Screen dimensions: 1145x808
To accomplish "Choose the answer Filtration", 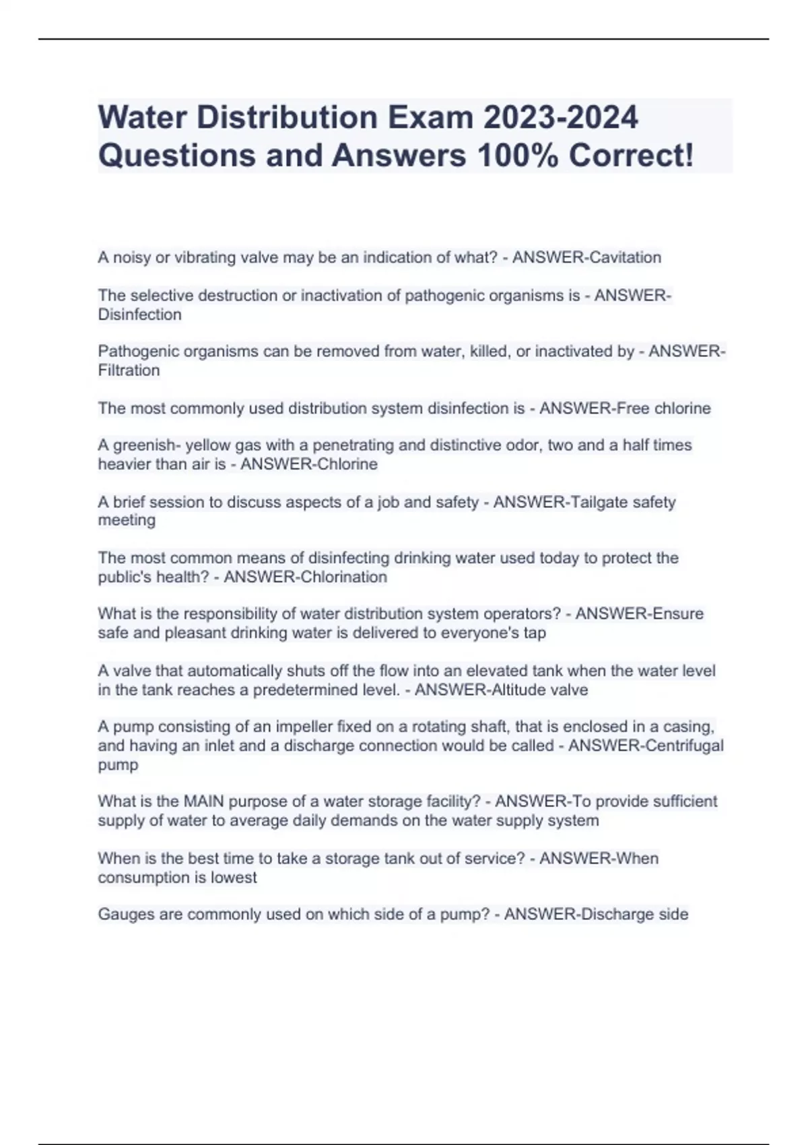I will [129, 370].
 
